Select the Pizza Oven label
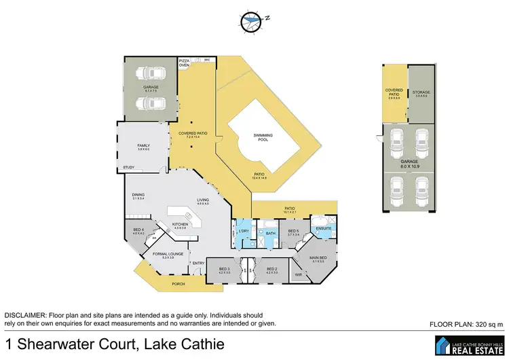(x=184, y=63)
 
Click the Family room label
(x=143, y=146)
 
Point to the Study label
(x=128, y=167)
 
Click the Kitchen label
(x=179, y=225)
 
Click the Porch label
(x=178, y=284)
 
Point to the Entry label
(x=198, y=263)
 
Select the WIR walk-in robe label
(x=298, y=274)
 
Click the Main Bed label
(x=318, y=259)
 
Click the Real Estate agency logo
(x=468, y=345)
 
